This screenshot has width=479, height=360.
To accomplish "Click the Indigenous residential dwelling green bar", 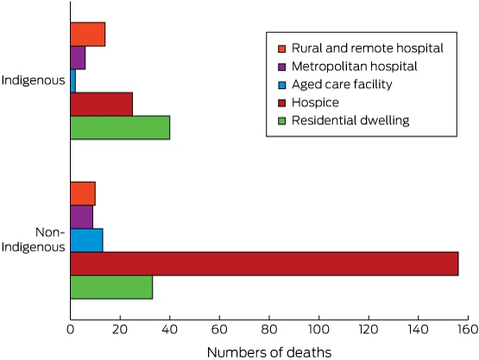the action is point(120,128).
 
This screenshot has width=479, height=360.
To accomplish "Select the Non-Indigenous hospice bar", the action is point(265,263).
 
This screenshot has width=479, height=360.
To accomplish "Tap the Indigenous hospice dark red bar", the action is point(102,104).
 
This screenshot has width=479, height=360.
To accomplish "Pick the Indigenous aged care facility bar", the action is point(73,81).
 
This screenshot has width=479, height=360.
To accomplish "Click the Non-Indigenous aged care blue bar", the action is point(87,241).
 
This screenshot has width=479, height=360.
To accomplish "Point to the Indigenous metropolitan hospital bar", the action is point(78,58).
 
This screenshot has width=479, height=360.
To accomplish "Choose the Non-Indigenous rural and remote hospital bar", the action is point(83,193).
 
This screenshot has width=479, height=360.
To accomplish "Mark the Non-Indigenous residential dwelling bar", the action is point(111,287).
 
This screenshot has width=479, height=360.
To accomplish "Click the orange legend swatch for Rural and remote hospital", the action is point(281,48).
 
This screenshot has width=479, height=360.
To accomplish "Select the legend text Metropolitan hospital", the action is point(355,66).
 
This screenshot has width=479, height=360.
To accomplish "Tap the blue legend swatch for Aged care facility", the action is point(281,85).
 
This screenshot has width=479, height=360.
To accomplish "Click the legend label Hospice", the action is point(315,103).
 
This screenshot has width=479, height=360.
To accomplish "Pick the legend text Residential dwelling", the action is point(350,120).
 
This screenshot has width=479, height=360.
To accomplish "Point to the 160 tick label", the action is point(468,330).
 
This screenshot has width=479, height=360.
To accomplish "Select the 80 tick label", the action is point(269,330).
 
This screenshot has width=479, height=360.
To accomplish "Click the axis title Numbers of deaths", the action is point(269,352).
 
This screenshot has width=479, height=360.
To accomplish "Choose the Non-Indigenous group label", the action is point(34,240).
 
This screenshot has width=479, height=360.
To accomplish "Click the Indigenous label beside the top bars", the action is point(34,80).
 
